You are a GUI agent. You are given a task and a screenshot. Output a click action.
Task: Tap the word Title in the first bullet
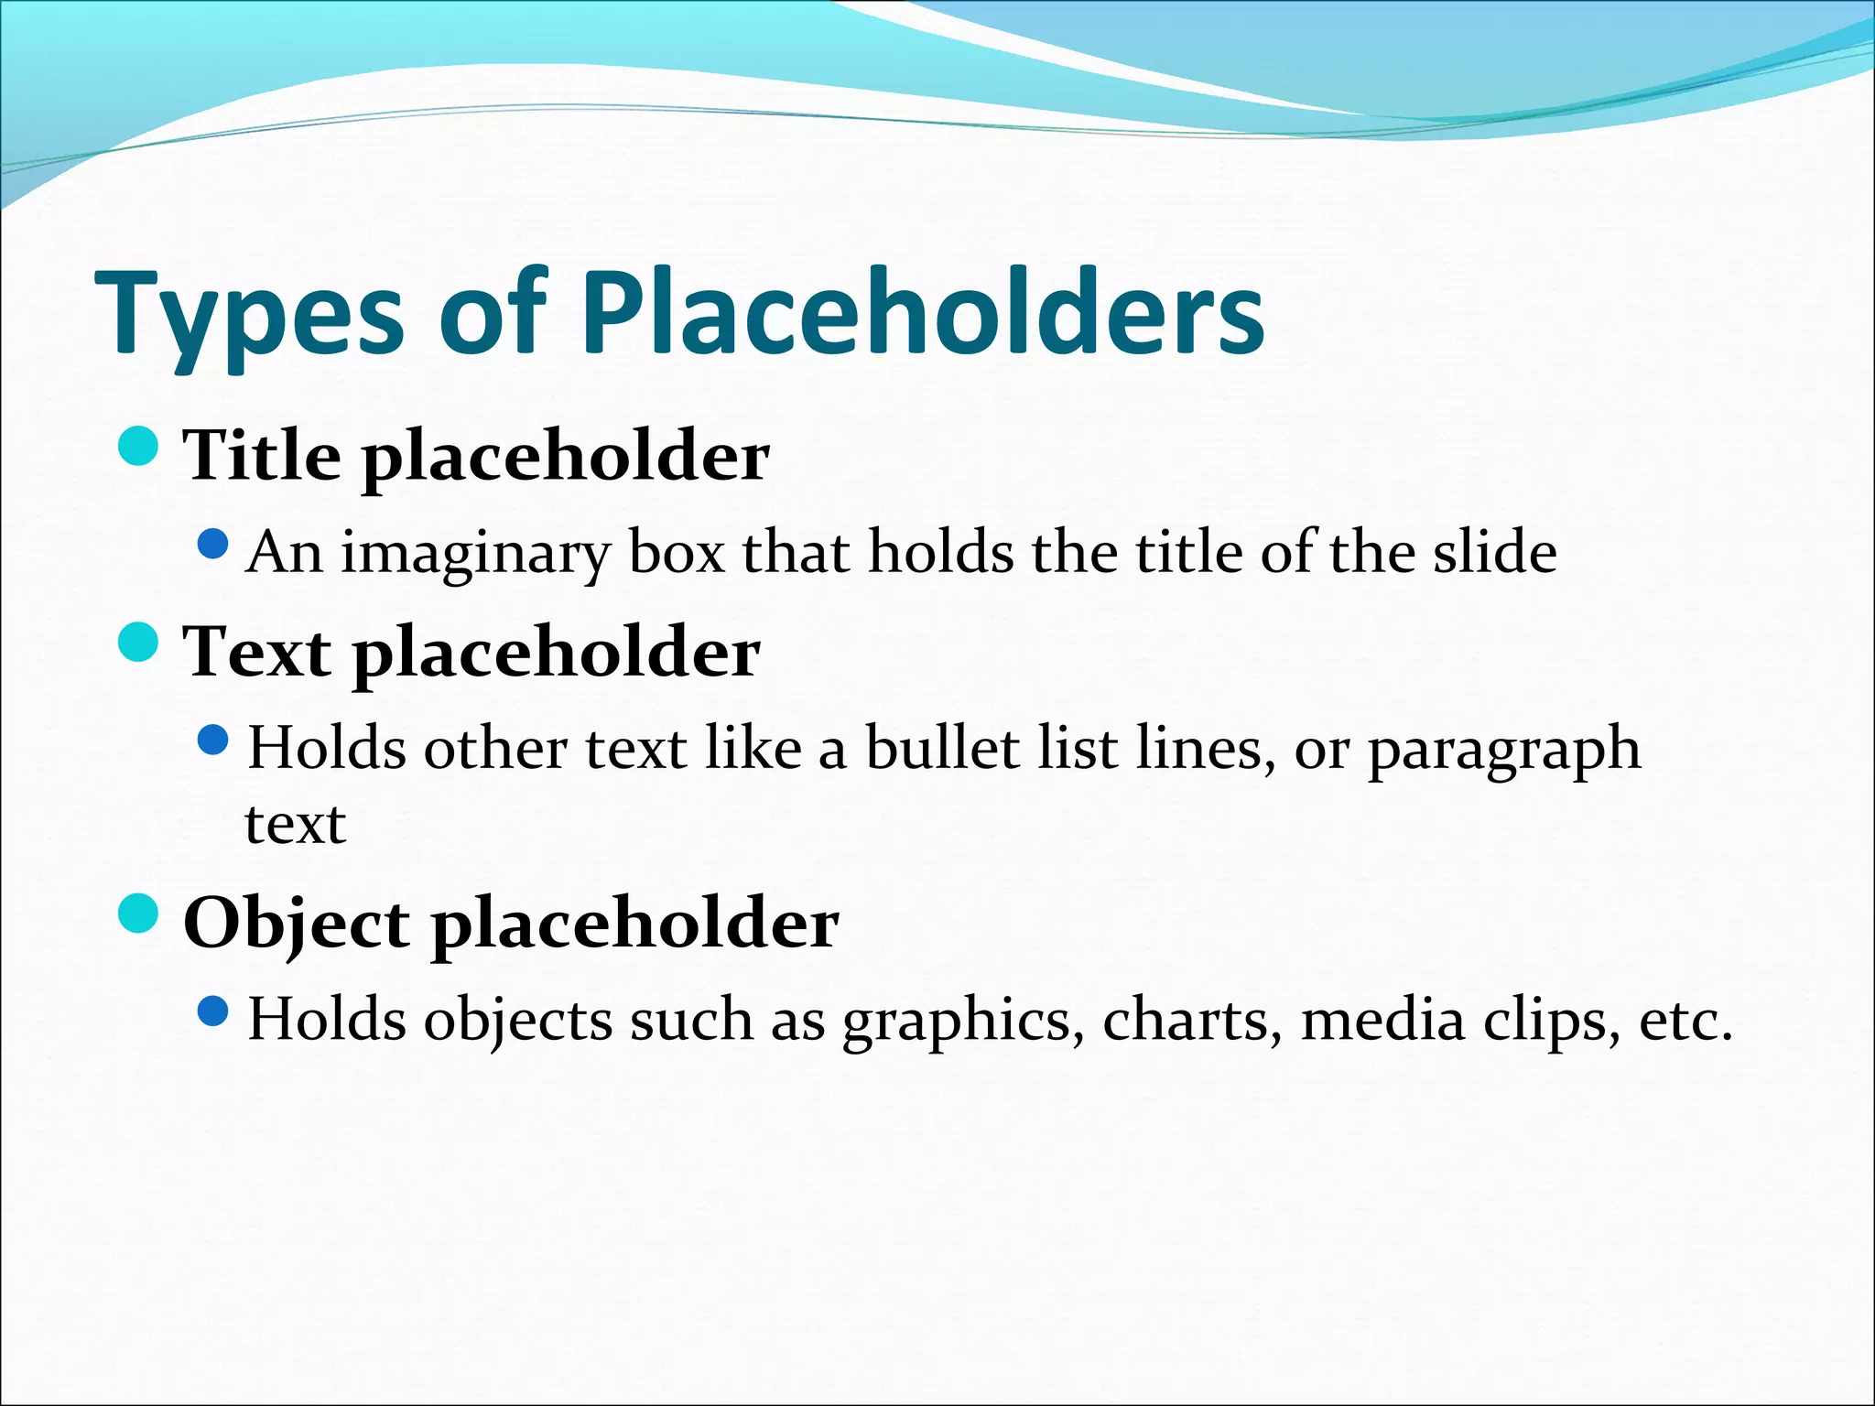(x=262, y=455)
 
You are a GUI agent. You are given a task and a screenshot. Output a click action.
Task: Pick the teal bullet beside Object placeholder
(x=139, y=913)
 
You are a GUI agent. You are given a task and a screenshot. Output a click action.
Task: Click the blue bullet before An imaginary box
(x=212, y=545)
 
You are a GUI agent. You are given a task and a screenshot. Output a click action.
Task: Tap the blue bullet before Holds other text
(x=212, y=741)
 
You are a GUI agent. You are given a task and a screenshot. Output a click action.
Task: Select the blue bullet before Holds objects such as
(x=212, y=1011)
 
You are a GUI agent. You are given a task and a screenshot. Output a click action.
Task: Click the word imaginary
(x=475, y=554)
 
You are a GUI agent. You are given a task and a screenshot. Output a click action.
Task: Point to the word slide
(x=1494, y=552)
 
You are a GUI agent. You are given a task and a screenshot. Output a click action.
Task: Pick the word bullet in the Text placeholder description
(x=942, y=748)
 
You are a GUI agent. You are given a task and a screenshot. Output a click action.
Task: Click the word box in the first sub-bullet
(x=677, y=552)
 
